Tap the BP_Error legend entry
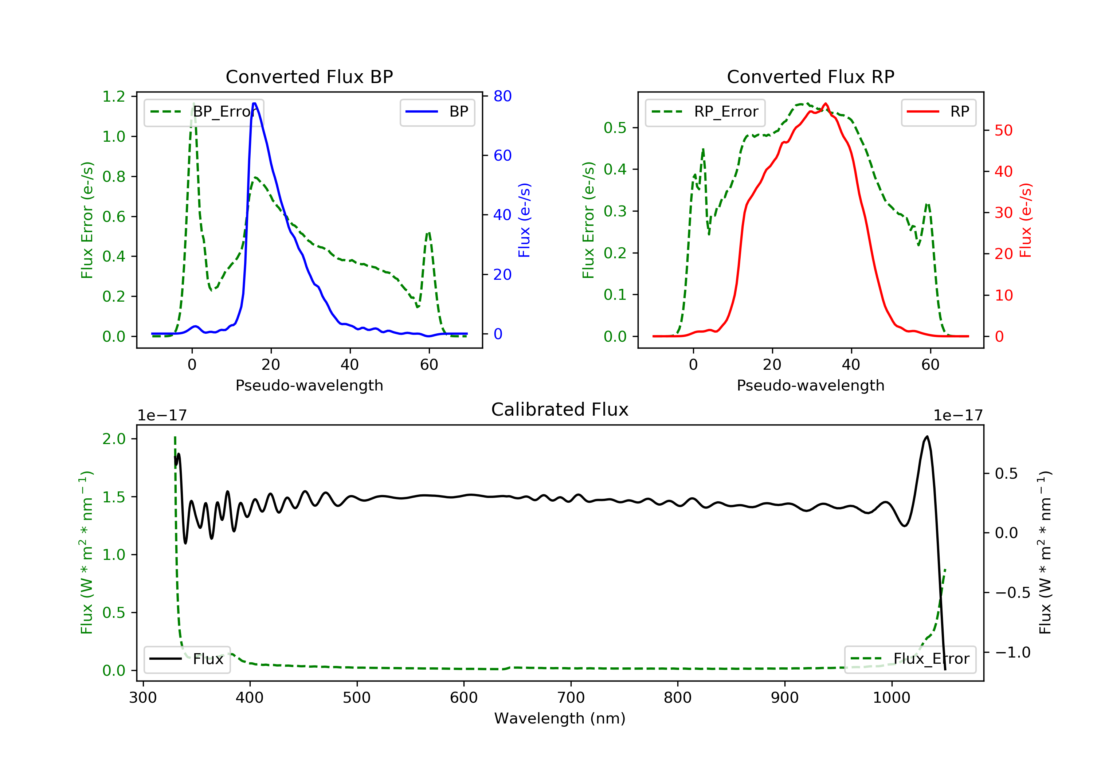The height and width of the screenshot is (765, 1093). (x=204, y=112)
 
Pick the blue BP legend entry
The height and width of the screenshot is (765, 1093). (x=437, y=112)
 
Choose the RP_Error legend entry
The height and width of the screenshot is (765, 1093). (x=705, y=112)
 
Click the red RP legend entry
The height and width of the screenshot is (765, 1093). (x=938, y=112)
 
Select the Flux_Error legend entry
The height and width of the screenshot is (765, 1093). (x=910, y=659)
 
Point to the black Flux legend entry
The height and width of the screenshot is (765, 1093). (x=187, y=659)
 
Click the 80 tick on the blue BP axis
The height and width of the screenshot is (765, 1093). (x=502, y=96)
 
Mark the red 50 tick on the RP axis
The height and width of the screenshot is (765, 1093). (x=1003, y=130)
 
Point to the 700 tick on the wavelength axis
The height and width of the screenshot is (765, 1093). (x=571, y=698)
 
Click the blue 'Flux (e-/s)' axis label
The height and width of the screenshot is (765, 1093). (x=524, y=220)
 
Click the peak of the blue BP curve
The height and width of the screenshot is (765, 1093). (x=255, y=103)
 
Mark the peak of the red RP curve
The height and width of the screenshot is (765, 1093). (x=826, y=104)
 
